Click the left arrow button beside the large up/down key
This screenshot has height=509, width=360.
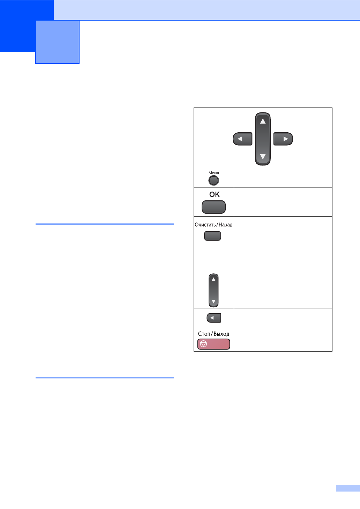point(242,139)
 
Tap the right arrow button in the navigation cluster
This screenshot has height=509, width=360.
point(283,139)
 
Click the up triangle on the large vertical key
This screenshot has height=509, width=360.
point(263,121)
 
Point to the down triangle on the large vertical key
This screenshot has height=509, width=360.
point(263,157)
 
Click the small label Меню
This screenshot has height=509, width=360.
point(213,173)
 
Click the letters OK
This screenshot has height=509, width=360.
point(214,194)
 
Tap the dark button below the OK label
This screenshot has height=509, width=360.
point(213,207)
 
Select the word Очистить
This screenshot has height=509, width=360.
point(205,225)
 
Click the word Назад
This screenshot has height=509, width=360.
point(226,225)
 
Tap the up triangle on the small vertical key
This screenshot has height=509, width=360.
point(213,279)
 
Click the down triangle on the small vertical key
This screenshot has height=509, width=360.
point(213,302)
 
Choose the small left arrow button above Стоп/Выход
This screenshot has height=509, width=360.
point(213,318)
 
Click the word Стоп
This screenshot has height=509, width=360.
point(204,334)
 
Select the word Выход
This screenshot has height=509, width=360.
point(222,334)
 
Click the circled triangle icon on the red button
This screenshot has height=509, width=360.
point(203,344)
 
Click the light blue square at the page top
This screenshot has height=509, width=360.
point(58,42)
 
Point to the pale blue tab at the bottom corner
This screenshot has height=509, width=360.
point(348,488)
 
